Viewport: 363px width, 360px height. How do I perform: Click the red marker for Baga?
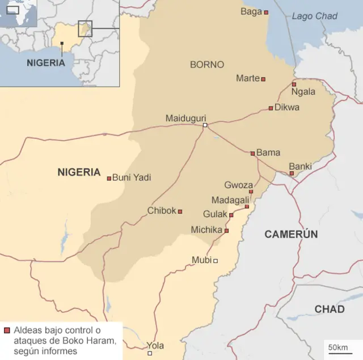(x=266, y=12)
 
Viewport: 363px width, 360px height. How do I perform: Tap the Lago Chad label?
(x=314, y=16)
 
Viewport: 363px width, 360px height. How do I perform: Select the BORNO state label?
(x=207, y=65)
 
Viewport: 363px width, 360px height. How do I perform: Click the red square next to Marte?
(x=263, y=79)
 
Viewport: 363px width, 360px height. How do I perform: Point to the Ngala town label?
(x=303, y=91)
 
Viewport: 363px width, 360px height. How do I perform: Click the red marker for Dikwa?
(x=271, y=108)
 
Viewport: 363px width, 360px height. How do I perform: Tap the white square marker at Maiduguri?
(x=205, y=125)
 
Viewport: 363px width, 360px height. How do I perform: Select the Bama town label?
(x=268, y=153)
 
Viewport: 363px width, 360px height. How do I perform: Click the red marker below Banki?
(x=292, y=173)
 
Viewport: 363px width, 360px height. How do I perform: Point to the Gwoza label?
(x=238, y=185)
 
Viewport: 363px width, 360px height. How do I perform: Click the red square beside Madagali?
(x=247, y=206)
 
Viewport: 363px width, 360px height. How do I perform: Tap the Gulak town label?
(x=215, y=214)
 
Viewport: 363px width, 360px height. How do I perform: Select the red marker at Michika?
(x=226, y=231)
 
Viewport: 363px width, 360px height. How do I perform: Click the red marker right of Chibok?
(x=180, y=211)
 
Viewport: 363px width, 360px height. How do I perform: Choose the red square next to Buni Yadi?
(x=109, y=178)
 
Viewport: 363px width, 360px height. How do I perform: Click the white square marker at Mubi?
(x=216, y=261)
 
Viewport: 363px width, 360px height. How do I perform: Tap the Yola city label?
(x=155, y=345)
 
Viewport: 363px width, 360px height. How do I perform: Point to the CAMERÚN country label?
(x=291, y=234)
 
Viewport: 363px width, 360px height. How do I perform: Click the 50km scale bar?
(x=338, y=347)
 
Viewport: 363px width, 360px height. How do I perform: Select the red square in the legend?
(x=7, y=331)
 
